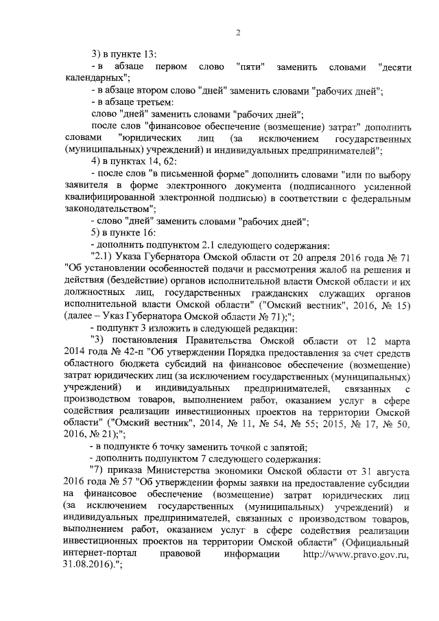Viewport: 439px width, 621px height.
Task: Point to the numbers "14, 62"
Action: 163,161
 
